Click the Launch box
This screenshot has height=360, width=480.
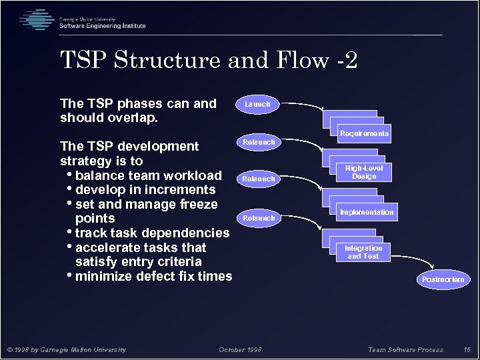pos(257,104)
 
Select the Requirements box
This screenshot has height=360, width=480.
pos(364,133)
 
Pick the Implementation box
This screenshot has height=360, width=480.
pos(367,212)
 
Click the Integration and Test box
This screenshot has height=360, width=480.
pos(363,252)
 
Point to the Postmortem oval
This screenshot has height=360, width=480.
pos(443,279)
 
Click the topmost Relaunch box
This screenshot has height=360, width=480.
pos(258,142)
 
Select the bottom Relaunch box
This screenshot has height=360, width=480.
pos(258,218)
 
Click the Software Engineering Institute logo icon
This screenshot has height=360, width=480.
pos(36,20)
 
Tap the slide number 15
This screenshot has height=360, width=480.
pos(467,349)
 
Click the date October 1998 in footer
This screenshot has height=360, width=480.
pos(240,349)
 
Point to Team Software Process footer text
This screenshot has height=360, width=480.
pos(405,349)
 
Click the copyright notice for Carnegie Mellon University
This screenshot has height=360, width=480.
pos(67,349)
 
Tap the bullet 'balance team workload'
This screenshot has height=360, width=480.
pos(148,175)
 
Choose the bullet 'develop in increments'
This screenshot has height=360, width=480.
pos(145,190)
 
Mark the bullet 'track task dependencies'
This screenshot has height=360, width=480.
pos(152,233)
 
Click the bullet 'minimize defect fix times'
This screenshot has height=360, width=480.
pos(153,276)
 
